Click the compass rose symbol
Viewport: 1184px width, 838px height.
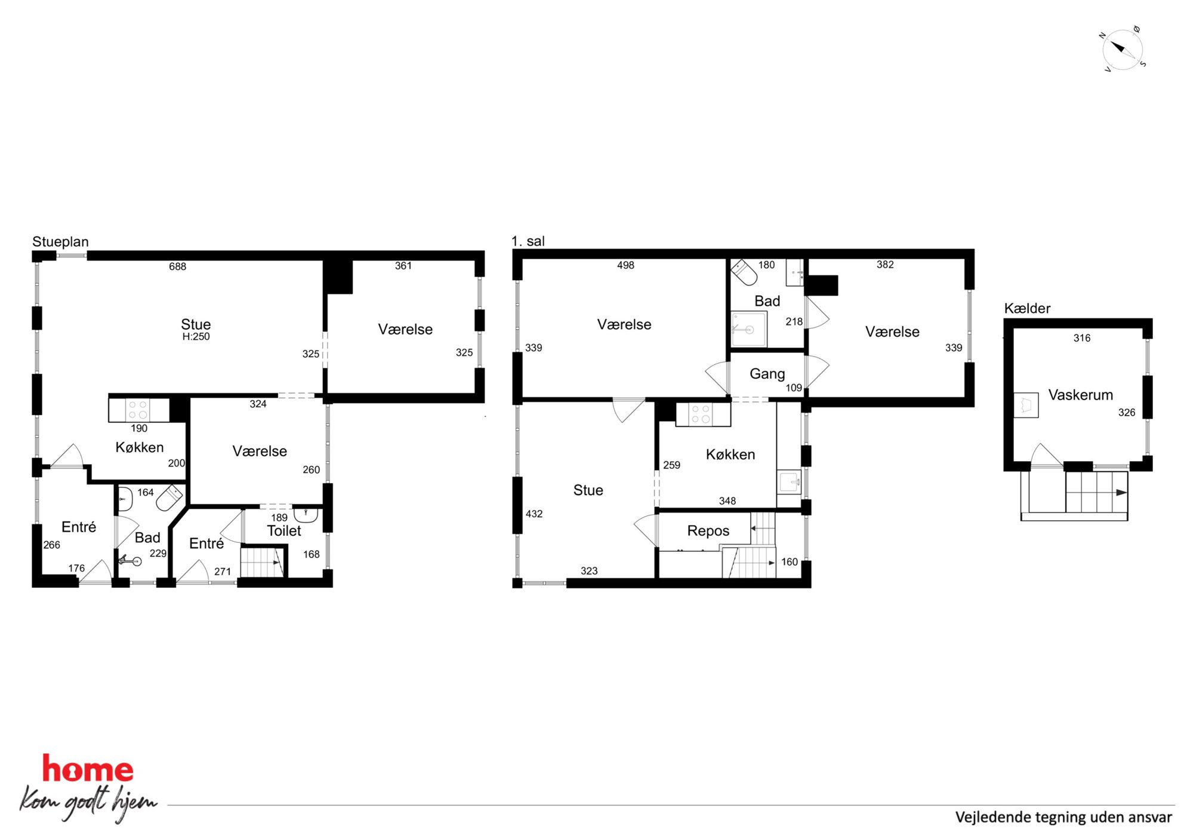1123,49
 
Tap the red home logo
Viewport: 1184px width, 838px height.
88,769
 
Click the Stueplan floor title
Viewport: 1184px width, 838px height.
60,242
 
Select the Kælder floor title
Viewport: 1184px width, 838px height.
1027,308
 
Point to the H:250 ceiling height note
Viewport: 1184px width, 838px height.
196,337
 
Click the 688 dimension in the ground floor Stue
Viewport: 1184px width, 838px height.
177,266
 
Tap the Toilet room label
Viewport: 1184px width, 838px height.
284,531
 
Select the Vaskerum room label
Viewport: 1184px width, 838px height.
1080,395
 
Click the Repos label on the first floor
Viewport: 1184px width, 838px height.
708,531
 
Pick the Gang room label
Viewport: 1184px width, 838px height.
767,374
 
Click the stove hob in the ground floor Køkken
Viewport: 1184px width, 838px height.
138,410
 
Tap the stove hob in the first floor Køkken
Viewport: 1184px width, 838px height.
701,415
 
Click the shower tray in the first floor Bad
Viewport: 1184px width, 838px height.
749,329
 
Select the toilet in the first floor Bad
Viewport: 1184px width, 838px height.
744,272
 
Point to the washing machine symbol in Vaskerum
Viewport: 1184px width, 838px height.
1026,404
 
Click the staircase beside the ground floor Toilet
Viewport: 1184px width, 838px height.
262,561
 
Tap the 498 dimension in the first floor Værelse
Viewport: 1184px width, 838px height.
625,265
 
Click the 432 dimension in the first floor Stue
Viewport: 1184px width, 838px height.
534,514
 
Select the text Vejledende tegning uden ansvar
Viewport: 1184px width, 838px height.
1063,817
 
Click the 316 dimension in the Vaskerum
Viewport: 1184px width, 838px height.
1082,338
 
